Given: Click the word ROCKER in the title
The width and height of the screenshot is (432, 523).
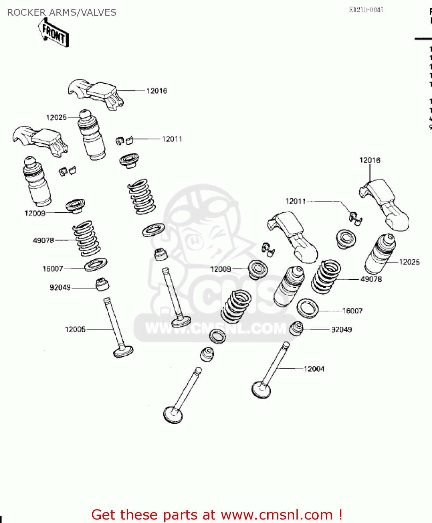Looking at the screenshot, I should pos(26,13).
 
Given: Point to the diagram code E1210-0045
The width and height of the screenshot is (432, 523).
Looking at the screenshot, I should pos(366,10).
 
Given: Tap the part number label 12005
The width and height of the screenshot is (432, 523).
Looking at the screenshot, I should pos(75,329).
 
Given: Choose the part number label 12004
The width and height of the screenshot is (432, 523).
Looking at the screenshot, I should pos(314,369).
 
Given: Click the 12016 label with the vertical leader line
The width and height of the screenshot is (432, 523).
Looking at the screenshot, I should pos(370,160).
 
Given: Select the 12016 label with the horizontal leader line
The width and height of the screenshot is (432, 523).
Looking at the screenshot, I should pos(156,91).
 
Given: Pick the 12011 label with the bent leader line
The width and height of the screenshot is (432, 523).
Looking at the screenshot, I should pos(295,201).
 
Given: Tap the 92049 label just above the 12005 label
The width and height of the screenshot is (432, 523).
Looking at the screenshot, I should pos(60,288).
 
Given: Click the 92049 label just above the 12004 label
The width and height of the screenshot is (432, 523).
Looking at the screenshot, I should pos(341,329).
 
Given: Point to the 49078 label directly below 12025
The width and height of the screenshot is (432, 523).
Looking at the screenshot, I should pos(371,279).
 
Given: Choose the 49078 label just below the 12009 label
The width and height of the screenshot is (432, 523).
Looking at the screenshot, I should pos(44,241).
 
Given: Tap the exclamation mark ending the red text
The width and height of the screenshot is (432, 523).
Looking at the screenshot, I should pos(340,515).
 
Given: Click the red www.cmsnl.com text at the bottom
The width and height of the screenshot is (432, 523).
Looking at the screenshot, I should pos(277,515).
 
